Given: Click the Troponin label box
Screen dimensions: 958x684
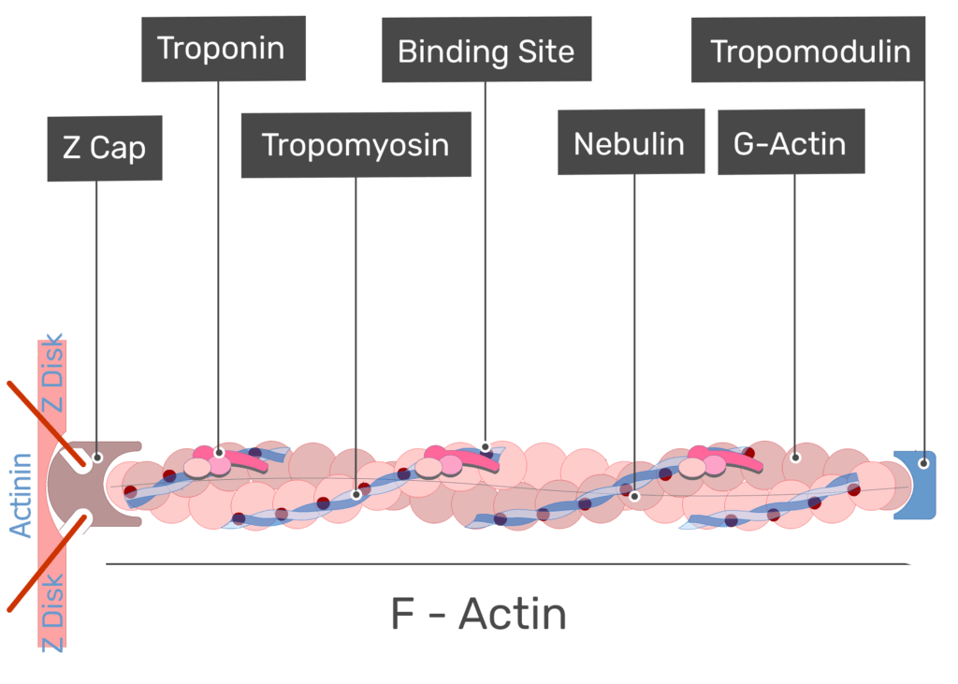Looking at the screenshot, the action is (224, 49).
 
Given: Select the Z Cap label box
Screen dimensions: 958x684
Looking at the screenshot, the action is (105, 148).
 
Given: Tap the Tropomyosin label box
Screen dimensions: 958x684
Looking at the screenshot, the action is (356, 145).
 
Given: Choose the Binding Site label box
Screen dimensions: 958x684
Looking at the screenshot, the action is (486, 50).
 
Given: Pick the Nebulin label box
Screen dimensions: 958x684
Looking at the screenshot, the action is (631, 142).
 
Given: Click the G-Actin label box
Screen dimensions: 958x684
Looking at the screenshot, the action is (791, 142).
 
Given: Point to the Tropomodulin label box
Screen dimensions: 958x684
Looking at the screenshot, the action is (808, 49).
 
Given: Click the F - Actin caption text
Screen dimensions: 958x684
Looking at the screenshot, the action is (478, 614).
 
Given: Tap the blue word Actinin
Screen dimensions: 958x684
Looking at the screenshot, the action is (22, 495).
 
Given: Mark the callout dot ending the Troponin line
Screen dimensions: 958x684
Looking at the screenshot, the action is (219, 453).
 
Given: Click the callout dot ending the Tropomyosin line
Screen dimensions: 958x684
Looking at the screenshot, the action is (356, 494).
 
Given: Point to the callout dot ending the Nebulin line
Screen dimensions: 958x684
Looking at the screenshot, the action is (635, 496).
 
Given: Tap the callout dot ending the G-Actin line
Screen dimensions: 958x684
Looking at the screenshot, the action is (795, 457).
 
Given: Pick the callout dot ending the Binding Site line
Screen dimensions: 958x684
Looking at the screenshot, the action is (486, 447).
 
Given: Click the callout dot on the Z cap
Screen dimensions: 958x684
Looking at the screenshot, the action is (96, 458).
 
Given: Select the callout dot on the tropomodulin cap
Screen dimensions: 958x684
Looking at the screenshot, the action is (924, 463).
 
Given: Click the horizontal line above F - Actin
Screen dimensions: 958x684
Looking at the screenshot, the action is (508, 564).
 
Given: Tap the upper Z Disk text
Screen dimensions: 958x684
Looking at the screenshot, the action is (52, 372).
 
